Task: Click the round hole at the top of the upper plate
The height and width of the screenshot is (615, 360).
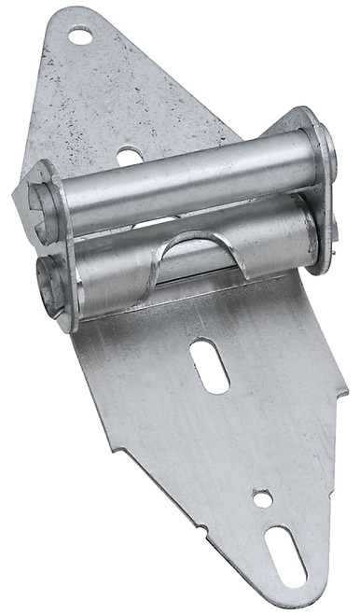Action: click(80, 36)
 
